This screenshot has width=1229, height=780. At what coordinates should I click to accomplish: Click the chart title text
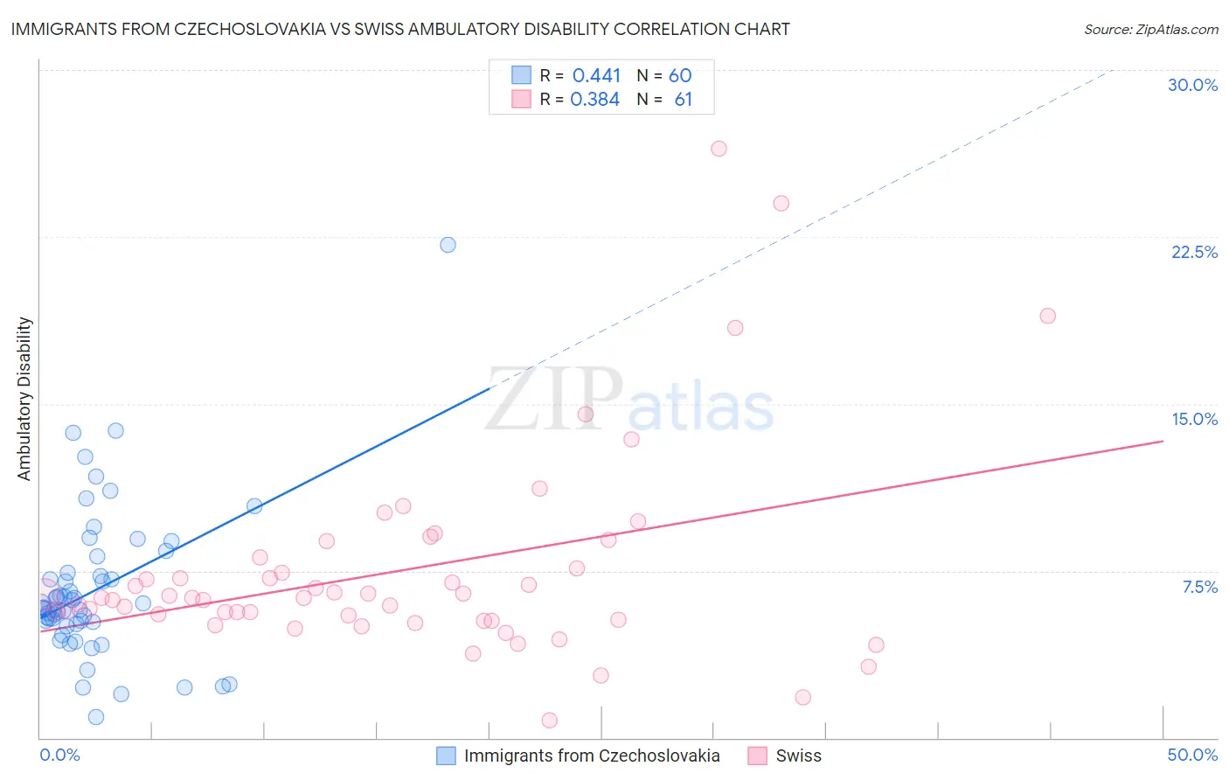pyautogui.click(x=400, y=29)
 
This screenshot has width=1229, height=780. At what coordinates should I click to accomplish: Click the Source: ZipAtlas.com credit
pyautogui.click(x=1150, y=29)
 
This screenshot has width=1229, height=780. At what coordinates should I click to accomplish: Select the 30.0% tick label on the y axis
pyautogui.click(x=1192, y=85)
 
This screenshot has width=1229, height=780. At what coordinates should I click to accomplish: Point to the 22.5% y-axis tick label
pyautogui.click(x=1194, y=252)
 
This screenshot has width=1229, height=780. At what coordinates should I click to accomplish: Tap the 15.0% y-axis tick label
pyautogui.click(x=1194, y=419)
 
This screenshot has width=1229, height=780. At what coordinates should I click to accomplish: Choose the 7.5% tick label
pyautogui.click(x=1199, y=587)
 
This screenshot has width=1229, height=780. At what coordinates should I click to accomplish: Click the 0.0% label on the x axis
pyautogui.click(x=59, y=755)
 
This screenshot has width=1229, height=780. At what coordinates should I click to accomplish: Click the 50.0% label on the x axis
pyautogui.click(x=1192, y=755)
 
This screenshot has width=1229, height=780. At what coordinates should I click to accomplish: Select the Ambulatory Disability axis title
pyautogui.click(x=24, y=399)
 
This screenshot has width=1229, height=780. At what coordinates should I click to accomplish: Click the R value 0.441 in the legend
pyautogui.click(x=596, y=76)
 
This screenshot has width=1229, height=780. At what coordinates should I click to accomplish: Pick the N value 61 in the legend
pyautogui.click(x=683, y=100)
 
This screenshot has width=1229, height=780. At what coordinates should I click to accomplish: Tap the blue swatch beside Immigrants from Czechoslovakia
pyautogui.click(x=446, y=756)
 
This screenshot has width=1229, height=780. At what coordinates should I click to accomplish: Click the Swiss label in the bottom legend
pyautogui.click(x=798, y=756)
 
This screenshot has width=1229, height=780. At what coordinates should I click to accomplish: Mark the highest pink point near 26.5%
pyautogui.click(x=719, y=149)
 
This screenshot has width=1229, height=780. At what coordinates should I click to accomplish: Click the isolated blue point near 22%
pyautogui.click(x=448, y=245)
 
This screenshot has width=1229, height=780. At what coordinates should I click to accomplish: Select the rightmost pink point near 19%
pyautogui.click(x=1047, y=316)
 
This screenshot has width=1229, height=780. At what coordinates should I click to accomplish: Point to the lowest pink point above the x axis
pyautogui.click(x=549, y=721)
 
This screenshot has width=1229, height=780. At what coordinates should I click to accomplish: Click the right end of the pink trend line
pyautogui.click(x=1163, y=441)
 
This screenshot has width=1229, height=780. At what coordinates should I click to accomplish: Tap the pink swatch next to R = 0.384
pyautogui.click(x=521, y=100)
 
